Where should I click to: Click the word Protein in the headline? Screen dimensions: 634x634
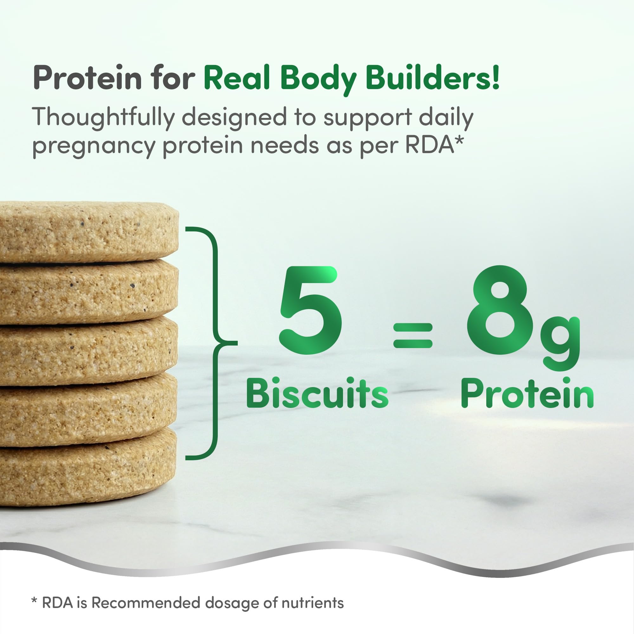click(x=87, y=78)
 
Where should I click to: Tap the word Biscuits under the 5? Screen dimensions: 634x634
click(x=317, y=393)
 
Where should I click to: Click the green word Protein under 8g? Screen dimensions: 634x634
click(x=527, y=393)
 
